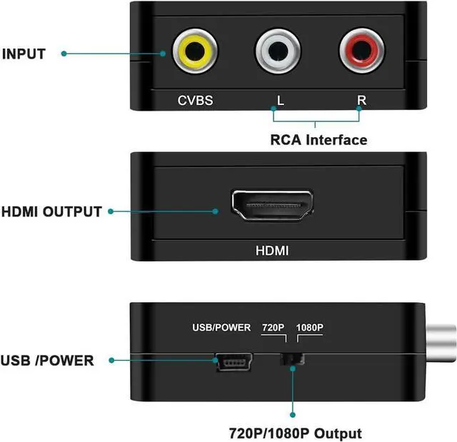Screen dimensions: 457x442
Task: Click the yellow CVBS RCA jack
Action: coord(195,51)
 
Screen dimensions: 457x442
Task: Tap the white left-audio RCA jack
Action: coord(278,51)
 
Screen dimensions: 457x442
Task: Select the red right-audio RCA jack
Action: coord(361,51)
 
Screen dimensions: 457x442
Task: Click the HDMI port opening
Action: coord(272,205)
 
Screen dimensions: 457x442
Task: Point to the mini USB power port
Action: coord(234,361)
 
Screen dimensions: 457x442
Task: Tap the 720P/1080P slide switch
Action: coord(292,359)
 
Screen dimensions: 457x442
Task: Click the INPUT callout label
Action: coord(24,54)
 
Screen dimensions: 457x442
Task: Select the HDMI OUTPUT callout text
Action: coord(51,212)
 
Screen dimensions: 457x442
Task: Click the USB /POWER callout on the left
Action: coord(47,361)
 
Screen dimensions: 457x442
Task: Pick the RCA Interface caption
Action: coord(319,140)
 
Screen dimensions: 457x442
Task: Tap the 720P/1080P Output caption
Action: coord(295,433)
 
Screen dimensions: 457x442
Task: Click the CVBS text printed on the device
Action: coord(195,101)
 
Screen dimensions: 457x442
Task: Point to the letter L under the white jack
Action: coord(281,101)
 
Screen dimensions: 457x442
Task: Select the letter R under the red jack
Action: coord(362,100)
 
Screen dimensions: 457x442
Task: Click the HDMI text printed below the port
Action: coord(272,251)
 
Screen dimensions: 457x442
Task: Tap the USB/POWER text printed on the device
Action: coord(221,328)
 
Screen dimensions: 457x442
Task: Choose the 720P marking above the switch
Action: coord(273,328)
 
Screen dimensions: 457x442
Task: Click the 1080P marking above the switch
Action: coord(309,328)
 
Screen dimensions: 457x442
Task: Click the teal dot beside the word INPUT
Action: coord(64,54)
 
